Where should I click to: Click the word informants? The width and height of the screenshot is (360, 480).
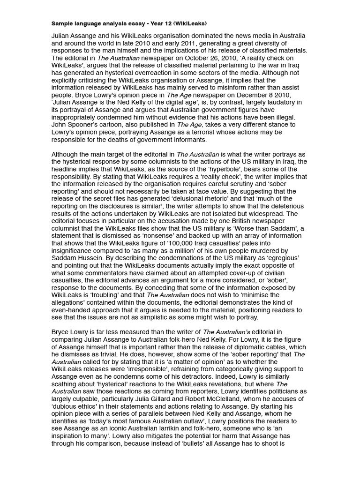[186, 140]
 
